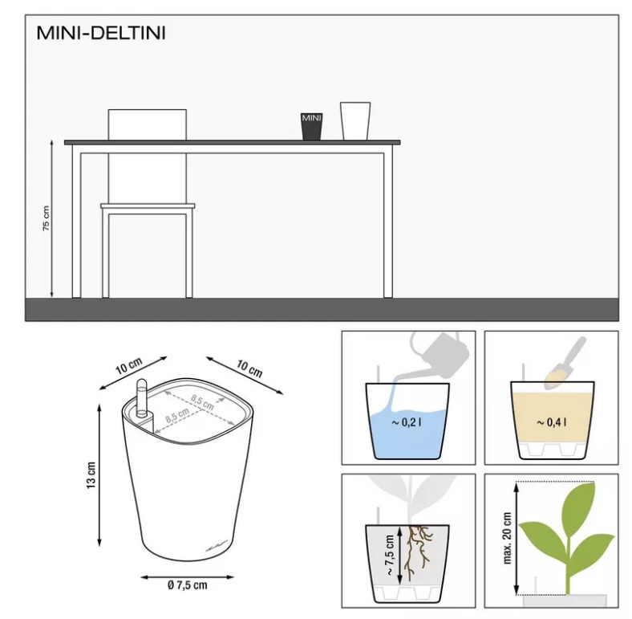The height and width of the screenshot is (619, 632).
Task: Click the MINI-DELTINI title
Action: click(x=101, y=33)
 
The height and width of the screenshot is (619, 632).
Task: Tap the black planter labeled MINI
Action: click(x=311, y=127)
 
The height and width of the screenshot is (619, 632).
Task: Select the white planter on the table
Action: click(x=355, y=121)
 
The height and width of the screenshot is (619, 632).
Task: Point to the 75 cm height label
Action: click(x=47, y=218)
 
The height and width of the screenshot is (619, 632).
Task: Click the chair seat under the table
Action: click(x=148, y=206)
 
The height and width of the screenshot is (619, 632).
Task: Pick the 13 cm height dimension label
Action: click(x=91, y=475)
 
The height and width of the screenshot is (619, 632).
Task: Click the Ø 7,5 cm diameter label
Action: click(x=188, y=585)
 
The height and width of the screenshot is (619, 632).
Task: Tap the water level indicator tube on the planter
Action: click(x=142, y=398)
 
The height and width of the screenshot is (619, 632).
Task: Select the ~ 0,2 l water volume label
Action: click(x=407, y=422)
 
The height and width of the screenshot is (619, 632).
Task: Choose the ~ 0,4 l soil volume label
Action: click(x=551, y=422)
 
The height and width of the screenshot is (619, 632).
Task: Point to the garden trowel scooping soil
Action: click(x=565, y=363)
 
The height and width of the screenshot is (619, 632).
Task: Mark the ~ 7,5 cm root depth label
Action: click(x=390, y=556)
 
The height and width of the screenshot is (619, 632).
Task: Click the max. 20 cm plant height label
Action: click(x=507, y=538)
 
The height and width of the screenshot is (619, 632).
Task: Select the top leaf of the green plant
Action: click(x=579, y=504)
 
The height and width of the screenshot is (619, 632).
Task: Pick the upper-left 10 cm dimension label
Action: click(x=129, y=365)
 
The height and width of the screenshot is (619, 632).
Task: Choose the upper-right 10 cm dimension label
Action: click(x=249, y=369)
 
